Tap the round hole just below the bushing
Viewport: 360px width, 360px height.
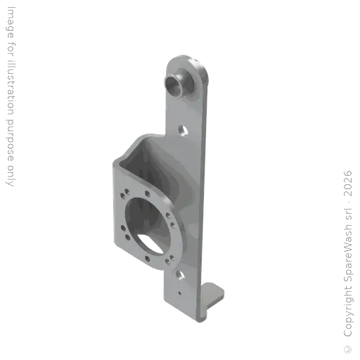pyautogui.click(x=183, y=131)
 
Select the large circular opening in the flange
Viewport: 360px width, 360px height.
pyautogui.click(x=148, y=226)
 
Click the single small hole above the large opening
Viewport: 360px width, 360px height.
pyautogui.click(x=148, y=193)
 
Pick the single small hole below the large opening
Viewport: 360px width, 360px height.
pyautogui.click(x=147, y=259)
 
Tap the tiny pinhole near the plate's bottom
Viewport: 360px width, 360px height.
pyautogui.click(x=179, y=293)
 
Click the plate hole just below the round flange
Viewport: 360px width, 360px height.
pyautogui.click(x=180, y=275)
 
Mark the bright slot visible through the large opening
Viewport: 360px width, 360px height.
pyautogui.click(x=150, y=244)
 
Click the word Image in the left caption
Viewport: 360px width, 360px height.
pyautogui.click(x=11, y=22)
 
